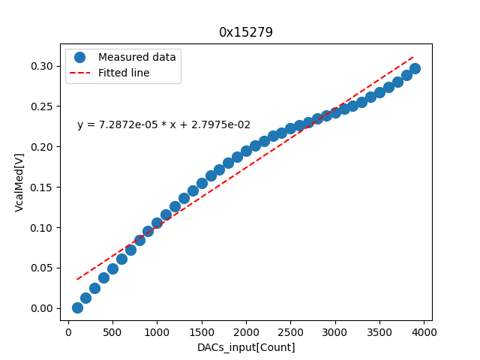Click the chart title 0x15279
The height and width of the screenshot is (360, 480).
click(x=246, y=32)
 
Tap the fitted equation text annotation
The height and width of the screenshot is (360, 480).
click(x=163, y=125)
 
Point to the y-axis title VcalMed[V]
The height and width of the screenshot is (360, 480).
click(x=19, y=182)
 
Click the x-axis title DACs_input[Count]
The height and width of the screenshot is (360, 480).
click(x=246, y=347)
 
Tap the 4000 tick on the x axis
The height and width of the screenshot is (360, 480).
click(x=424, y=332)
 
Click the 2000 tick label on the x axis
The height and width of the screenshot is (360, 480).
click(x=246, y=332)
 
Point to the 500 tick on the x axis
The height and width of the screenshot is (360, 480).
click(x=112, y=332)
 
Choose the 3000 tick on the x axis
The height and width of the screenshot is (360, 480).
click(x=335, y=332)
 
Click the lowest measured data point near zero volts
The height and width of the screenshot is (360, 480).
click(x=77, y=307)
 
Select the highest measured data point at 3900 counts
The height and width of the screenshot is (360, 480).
click(x=415, y=68)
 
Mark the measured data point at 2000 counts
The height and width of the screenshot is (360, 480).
click(x=246, y=151)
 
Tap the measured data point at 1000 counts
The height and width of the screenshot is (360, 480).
click(x=157, y=223)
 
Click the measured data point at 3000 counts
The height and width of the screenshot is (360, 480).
click(x=335, y=112)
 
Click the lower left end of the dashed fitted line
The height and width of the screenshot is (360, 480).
click(x=77, y=280)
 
